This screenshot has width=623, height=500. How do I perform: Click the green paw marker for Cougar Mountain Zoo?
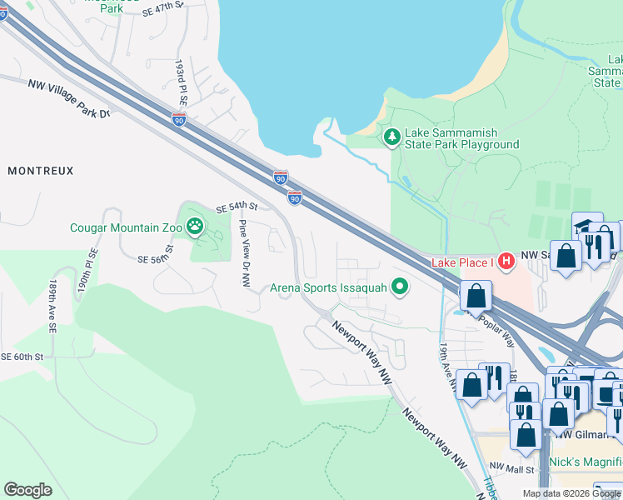(195, 227)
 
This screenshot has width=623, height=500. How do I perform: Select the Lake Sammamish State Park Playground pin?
(391, 136)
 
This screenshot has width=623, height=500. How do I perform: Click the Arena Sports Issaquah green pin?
(400, 287)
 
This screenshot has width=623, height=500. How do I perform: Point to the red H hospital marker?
(504, 262)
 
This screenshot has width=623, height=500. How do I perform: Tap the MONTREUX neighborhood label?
(41, 170)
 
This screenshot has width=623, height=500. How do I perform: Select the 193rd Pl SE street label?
(180, 78)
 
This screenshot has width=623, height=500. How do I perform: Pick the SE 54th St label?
(237, 207)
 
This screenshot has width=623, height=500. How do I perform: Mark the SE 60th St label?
(22, 357)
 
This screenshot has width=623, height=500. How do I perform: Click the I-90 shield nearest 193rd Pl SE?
(179, 120)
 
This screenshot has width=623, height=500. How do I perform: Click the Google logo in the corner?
(27, 490)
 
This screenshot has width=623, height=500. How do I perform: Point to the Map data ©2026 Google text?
(571, 493)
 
